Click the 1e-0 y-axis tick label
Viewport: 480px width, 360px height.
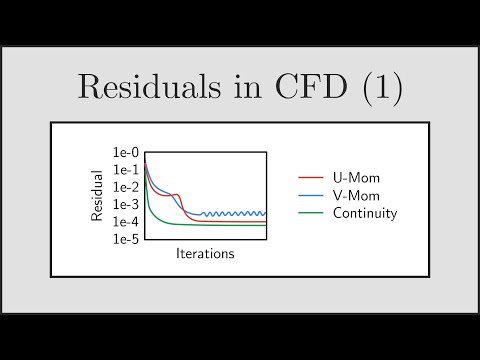pyautogui.click(x=126, y=152)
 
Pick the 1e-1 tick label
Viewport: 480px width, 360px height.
pyautogui.click(x=126, y=169)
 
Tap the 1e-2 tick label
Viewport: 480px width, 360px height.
pyautogui.click(x=126, y=187)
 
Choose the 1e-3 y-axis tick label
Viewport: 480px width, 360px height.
pyautogui.click(x=126, y=204)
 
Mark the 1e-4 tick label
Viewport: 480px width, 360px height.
pyautogui.click(x=126, y=221)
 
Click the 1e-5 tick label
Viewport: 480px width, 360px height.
pyautogui.click(x=126, y=239)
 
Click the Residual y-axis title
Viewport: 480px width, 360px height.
pyautogui.click(x=98, y=195)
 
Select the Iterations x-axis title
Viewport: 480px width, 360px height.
pyautogui.click(x=205, y=254)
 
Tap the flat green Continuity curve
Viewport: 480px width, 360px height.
pyautogui.click(x=220, y=224)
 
